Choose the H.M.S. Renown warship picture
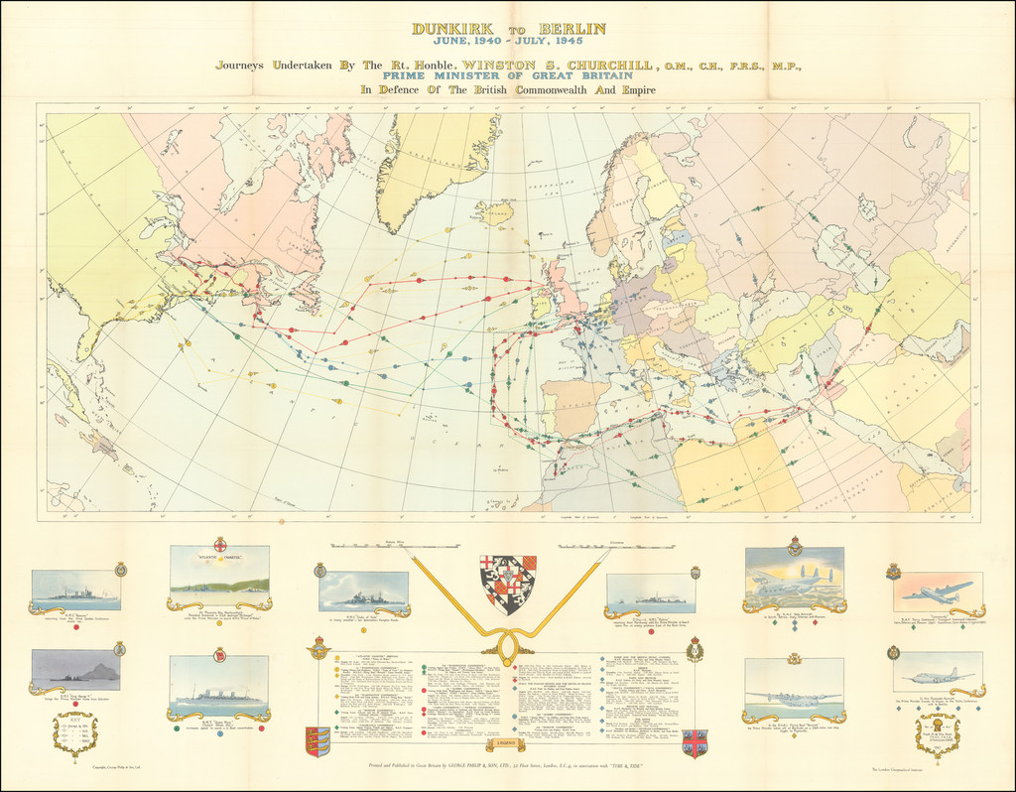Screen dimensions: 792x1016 click(x=75, y=590)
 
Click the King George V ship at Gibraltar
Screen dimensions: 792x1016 click(x=75, y=670)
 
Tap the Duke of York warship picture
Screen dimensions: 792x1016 click(x=363, y=592)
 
